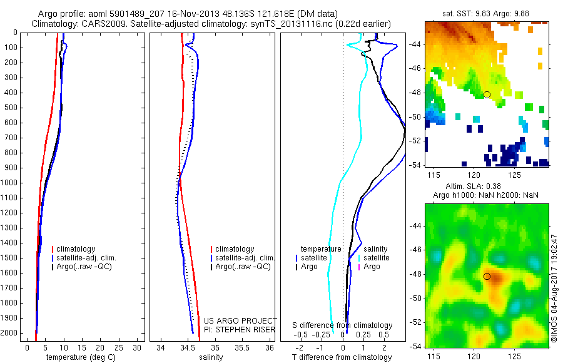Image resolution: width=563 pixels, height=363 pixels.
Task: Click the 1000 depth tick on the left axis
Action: click(x=9, y=183)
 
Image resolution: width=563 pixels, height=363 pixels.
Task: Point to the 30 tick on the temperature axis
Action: click(x=137, y=347)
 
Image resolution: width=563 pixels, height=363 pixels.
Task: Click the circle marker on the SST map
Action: click(x=487, y=95)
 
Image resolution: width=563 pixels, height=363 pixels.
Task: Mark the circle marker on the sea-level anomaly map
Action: click(x=487, y=276)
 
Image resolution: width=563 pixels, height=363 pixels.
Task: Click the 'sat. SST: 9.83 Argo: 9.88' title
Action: click(x=487, y=13)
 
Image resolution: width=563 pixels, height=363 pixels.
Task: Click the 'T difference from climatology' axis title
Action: click(x=342, y=357)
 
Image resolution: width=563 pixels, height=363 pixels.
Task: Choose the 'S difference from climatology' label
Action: click(x=342, y=325)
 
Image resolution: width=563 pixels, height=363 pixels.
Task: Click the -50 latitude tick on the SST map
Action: click(x=416, y=117)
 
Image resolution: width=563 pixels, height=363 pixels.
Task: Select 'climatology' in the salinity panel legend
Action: click(x=234, y=249)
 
